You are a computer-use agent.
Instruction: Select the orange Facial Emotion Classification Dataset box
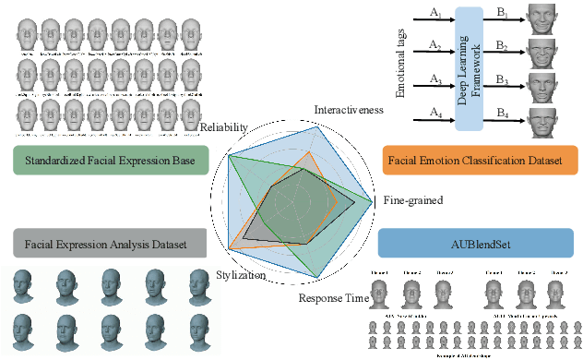point(479,160)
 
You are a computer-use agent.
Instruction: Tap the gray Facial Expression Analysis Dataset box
point(107,244)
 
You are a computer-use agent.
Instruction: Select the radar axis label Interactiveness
point(350,110)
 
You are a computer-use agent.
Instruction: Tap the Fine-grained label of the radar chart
point(412,200)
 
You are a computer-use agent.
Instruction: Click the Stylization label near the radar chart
point(241,275)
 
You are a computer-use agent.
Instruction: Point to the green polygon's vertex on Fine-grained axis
point(373,202)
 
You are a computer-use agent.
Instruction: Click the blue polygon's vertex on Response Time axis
point(320,278)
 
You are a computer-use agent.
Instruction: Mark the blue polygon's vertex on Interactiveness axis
point(317,126)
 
